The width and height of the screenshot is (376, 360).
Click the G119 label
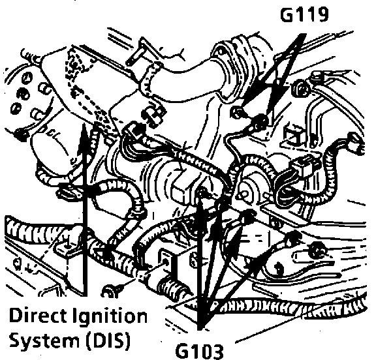click(x=304, y=14)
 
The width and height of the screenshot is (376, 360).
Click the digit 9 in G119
click(x=322, y=14)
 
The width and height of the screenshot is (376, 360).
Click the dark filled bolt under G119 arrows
click(x=259, y=121)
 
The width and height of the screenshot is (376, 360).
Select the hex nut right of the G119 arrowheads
click(x=301, y=88)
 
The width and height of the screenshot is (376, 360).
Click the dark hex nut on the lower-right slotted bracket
click(x=317, y=251)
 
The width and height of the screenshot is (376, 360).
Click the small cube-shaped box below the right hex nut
click(x=294, y=134)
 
